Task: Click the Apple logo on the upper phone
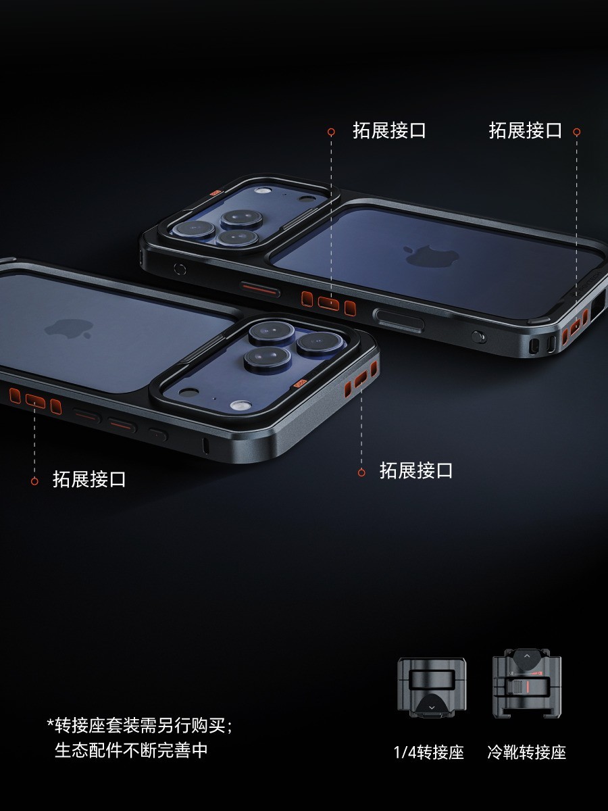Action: pyautogui.click(x=432, y=256)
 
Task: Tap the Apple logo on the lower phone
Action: pyautogui.click(x=70, y=328)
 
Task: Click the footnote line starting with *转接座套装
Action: pyautogui.click(x=140, y=726)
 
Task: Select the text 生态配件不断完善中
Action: pyautogui.click(x=131, y=750)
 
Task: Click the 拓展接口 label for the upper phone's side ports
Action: pyautogui.click(x=389, y=130)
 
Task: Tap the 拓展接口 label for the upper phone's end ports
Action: pyautogui.click(x=526, y=130)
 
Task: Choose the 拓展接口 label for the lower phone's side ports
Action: pyautogui.click(x=89, y=479)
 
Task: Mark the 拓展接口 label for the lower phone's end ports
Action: pyautogui.click(x=416, y=470)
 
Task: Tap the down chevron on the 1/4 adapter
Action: pyautogui.click(x=432, y=708)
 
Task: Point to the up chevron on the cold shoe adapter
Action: pyautogui.click(x=527, y=656)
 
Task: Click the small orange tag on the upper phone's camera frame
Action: pyautogui.click(x=216, y=193)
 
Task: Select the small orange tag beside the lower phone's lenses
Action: pyautogui.click(x=300, y=383)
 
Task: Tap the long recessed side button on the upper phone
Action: pyautogui.click(x=399, y=319)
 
